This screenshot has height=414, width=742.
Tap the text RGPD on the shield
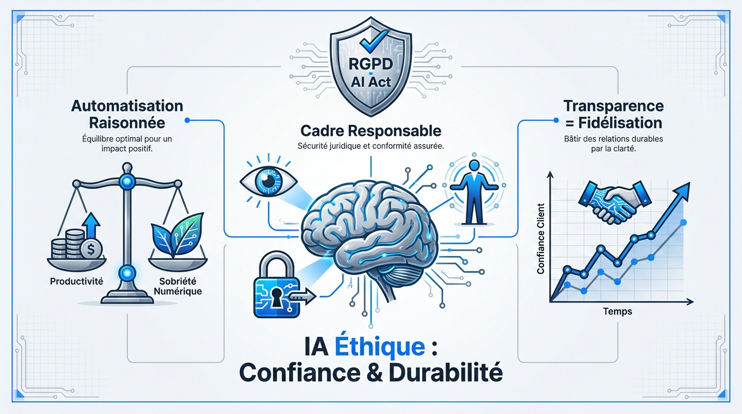click(x=370, y=64)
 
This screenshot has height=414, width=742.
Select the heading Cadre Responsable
click(x=370, y=131)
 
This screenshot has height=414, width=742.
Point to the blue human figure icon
click(x=474, y=192)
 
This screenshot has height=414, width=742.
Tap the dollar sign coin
click(x=91, y=249)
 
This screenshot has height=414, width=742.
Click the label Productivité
click(x=77, y=281)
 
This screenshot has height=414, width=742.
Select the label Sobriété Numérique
click(x=178, y=286)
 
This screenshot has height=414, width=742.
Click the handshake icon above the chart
click(x=614, y=202)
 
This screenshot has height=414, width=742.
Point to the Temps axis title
click(x=617, y=312)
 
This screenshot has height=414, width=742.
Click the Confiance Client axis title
click(x=541, y=239)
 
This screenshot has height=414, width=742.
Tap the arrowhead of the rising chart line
click(x=682, y=191)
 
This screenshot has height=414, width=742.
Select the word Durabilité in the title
click(x=446, y=372)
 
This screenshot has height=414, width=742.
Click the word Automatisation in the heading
click(x=127, y=106)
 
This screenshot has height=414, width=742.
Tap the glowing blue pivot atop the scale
click(x=127, y=182)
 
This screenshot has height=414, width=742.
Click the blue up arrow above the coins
click(x=92, y=225)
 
